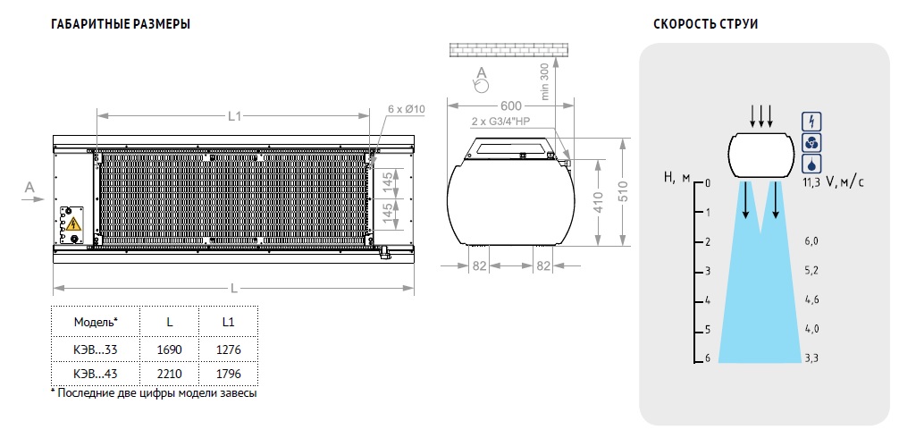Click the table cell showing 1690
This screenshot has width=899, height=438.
[169, 350]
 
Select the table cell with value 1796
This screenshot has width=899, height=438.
[228, 374]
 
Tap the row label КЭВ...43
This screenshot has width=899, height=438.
[96, 374]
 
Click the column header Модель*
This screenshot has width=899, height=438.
[96, 322]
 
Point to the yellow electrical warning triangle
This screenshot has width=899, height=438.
[73, 224]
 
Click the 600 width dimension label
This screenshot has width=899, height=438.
[510, 106]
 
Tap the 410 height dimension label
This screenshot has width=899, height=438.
[597, 203]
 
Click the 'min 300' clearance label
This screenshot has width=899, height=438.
[545, 81]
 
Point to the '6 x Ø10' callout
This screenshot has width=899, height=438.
[407, 109]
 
